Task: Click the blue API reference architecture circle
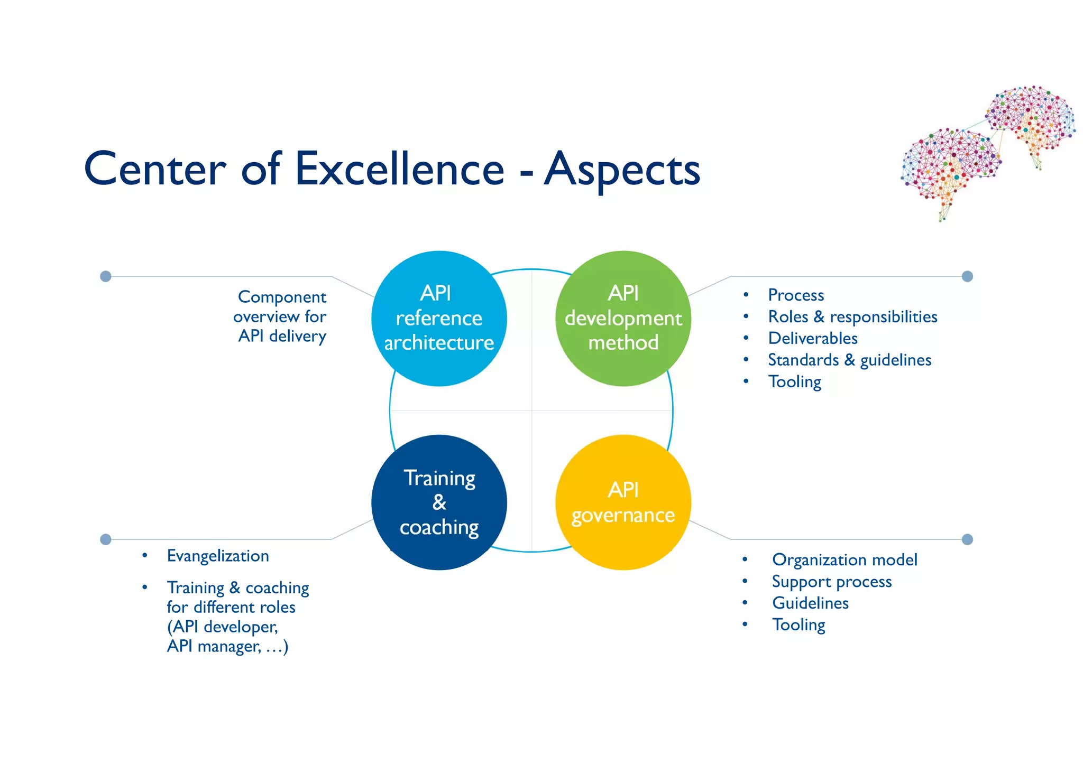pos(439,318)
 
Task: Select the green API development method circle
pos(623,318)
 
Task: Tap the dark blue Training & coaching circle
pos(439,502)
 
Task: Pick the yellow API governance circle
pos(623,502)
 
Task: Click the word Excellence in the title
pos(399,169)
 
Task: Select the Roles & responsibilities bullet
pos(852,316)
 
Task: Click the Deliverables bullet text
pos(813,338)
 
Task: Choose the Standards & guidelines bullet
pos(849,360)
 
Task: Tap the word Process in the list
pos(796,295)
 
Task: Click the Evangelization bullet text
pos(218,556)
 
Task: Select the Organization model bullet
pos(845,559)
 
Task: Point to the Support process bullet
pos(832,581)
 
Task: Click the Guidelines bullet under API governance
pos(810,603)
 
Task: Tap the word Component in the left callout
pos(282,297)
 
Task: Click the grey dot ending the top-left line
pos(106,276)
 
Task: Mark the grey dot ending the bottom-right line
pos(967,539)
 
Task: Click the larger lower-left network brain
pos(949,166)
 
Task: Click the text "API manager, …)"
pos(227,646)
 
